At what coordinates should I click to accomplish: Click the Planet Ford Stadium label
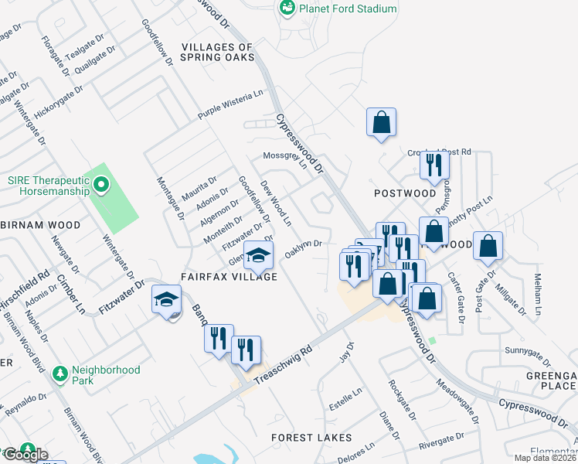click(x=348, y=9)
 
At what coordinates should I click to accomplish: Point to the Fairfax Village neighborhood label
click(x=229, y=276)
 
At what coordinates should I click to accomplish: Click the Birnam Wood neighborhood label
click(x=41, y=225)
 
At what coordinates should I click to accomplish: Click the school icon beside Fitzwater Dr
click(x=166, y=299)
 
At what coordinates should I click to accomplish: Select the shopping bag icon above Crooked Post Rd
click(x=381, y=122)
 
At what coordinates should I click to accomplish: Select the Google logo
click(x=25, y=455)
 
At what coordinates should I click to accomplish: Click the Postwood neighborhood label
click(x=405, y=193)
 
